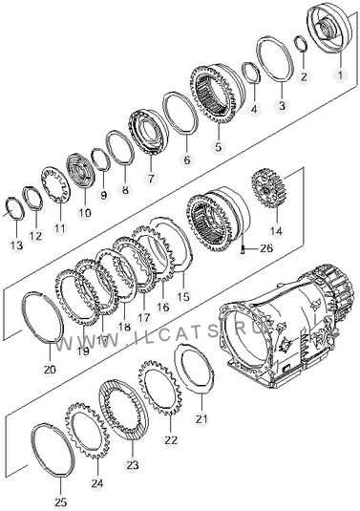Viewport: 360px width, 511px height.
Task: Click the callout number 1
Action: [340, 75]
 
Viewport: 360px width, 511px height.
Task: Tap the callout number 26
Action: [266, 248]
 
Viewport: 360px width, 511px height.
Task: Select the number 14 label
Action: [276, 231]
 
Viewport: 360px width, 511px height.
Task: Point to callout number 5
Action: [218, 146]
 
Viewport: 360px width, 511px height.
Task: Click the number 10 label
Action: [85, 213]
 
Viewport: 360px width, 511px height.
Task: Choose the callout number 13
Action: [16, 245]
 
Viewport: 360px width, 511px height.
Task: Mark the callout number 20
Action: [50, 370]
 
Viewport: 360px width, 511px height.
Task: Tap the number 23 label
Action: [133, 465]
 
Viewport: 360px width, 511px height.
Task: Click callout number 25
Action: [61, 501]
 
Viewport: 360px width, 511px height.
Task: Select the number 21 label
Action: [201, 418]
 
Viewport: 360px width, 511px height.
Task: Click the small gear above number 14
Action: [268, 188]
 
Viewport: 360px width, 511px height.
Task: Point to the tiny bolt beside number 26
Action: [243, 249]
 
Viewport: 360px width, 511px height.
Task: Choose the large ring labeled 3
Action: [275, 58]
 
